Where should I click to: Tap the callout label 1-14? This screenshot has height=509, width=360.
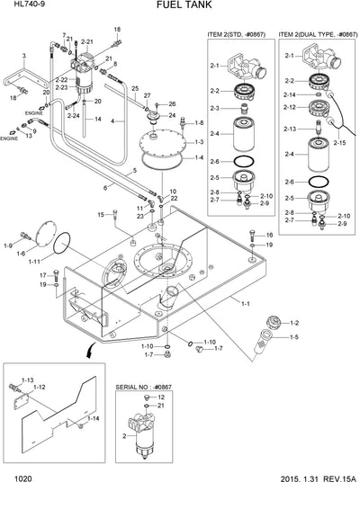[x=94, y=418]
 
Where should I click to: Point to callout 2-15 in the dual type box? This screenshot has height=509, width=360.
[x=340, y=144]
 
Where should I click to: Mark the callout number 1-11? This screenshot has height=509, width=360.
[x=34, y=262]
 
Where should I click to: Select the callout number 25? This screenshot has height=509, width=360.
[x=134, y=88]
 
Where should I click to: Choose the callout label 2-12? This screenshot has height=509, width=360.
[x=291, y=107]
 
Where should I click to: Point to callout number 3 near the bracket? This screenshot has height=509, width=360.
[x=24, y=57]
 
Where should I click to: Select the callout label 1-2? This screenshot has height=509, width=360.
[x=293, y=322]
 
